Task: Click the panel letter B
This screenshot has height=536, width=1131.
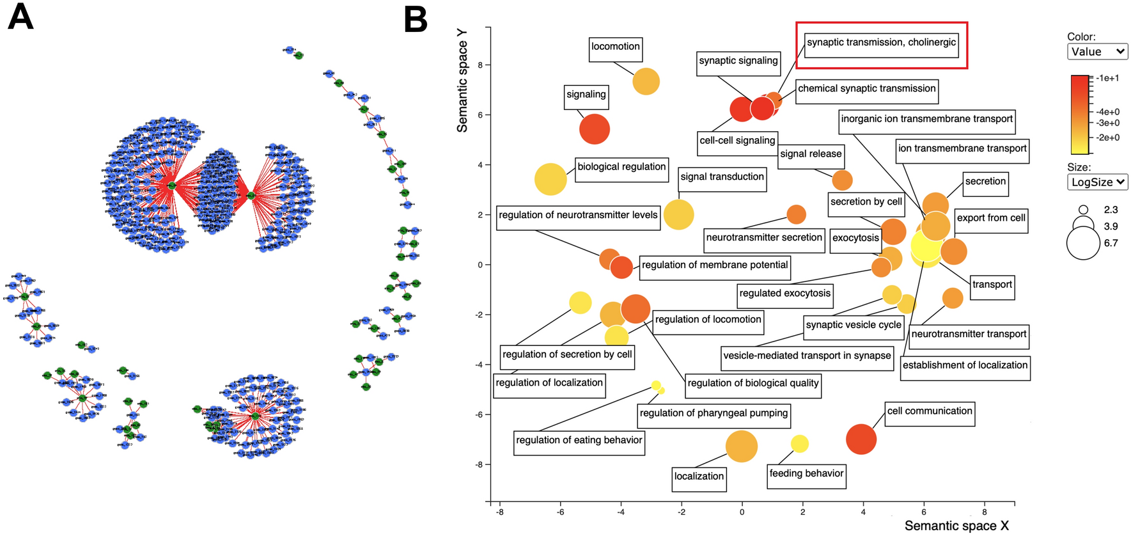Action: (416, 20)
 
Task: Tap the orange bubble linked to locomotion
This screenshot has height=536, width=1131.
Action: (646, 81)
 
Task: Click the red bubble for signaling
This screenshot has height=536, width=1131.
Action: (595, 129)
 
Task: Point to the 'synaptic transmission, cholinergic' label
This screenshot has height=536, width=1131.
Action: (881, 43)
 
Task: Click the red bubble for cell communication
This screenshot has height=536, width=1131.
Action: (861, 439)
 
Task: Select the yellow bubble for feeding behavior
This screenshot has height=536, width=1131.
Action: (799, 443)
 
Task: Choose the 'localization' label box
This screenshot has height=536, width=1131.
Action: (699, 477)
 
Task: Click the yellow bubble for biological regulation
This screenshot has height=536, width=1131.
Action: (550, 179)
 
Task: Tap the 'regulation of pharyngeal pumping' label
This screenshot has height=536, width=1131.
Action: (714, 414)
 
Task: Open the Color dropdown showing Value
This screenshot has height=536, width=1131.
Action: (1097, 52)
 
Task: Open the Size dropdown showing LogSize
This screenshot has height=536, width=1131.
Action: (1097, 182)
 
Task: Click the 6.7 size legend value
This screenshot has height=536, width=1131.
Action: (1111, 243)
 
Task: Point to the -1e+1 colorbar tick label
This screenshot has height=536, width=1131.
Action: (1107, 78)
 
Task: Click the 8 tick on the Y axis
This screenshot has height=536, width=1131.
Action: (480, 65)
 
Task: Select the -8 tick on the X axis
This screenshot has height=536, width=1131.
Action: (499, 512)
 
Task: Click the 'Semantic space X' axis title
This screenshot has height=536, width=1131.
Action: (956, 526)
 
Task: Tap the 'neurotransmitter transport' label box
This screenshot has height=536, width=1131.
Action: (968, 335)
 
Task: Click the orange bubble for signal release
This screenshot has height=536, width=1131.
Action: (842, 180)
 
